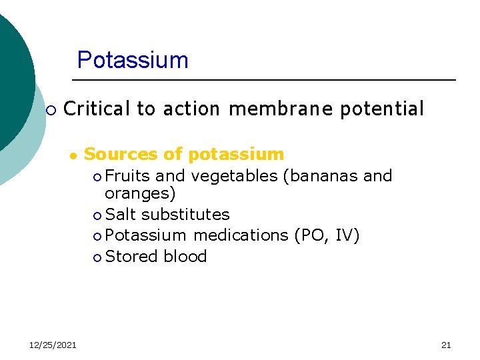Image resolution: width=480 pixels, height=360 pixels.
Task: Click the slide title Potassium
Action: (x=133, y=60)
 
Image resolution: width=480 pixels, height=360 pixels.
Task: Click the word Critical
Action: (x=97, y=109)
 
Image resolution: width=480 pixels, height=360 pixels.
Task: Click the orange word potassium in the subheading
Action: (x=236, y=155)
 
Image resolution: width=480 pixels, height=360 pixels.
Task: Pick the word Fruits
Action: (x=127, y=176)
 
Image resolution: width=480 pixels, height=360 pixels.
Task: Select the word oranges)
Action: (x=140, y=194)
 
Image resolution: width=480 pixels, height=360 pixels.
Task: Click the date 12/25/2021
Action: (x=53, y=345)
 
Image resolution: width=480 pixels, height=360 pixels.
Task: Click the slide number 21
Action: (x=446, y=345)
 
